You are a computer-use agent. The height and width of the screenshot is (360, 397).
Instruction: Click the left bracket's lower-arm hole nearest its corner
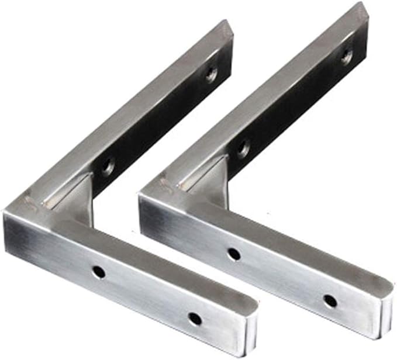[98, 272]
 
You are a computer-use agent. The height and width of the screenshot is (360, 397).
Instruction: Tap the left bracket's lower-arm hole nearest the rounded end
[195, 319]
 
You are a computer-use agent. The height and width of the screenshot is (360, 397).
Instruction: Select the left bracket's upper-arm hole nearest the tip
[211, 74]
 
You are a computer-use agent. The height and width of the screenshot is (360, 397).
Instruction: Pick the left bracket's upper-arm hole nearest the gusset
[108, 167]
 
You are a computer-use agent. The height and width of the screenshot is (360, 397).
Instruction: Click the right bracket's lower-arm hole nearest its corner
[233, 254]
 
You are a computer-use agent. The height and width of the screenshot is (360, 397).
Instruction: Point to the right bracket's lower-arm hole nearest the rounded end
[330, 301]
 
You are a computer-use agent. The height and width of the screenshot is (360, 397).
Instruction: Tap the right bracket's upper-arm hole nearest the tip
[347, 57]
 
